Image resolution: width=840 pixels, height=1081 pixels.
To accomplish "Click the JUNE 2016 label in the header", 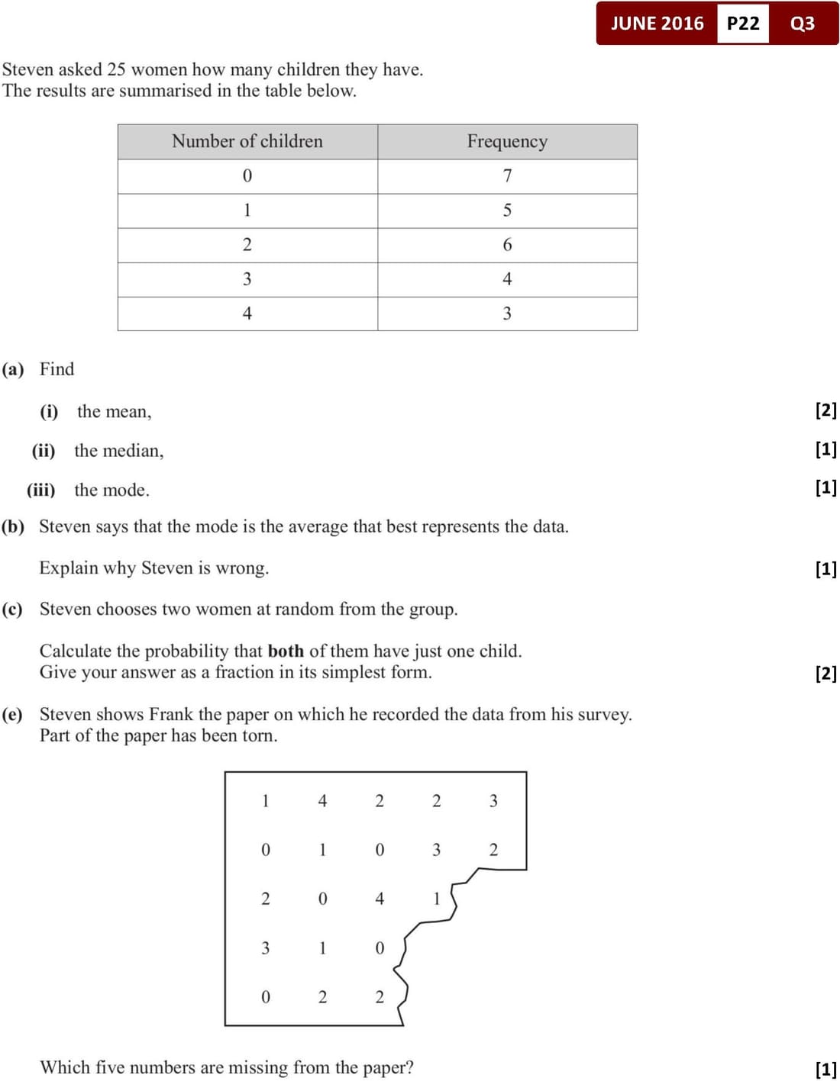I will pos(657,24).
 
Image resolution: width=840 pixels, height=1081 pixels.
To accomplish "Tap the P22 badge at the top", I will pos(743,24).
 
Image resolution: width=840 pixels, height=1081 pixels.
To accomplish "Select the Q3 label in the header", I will pos(803,24).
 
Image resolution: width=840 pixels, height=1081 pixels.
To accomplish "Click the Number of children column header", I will pos(247,142).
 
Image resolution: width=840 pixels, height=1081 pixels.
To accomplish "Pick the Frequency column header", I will pos(507,142).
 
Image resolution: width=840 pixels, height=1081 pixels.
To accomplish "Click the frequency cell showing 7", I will pos(507,176).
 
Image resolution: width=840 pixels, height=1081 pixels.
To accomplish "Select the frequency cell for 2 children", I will pos(507,245).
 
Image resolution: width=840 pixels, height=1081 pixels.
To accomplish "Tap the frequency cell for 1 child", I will pos(507,211).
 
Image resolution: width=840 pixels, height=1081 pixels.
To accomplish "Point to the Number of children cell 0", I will pos(247,176).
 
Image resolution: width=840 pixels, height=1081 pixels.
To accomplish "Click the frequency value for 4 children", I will pos(507,314).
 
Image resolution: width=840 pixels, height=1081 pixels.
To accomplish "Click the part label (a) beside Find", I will pos(13,370).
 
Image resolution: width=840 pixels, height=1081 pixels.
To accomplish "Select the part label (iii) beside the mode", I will pos(41,490).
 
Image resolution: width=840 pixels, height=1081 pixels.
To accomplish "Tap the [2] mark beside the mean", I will pos(826,410).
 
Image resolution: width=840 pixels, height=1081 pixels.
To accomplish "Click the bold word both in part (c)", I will pos(286,651).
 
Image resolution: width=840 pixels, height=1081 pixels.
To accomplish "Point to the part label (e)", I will pos(12,715).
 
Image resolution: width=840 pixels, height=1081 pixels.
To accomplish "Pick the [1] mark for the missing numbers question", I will pos(826,1069).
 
